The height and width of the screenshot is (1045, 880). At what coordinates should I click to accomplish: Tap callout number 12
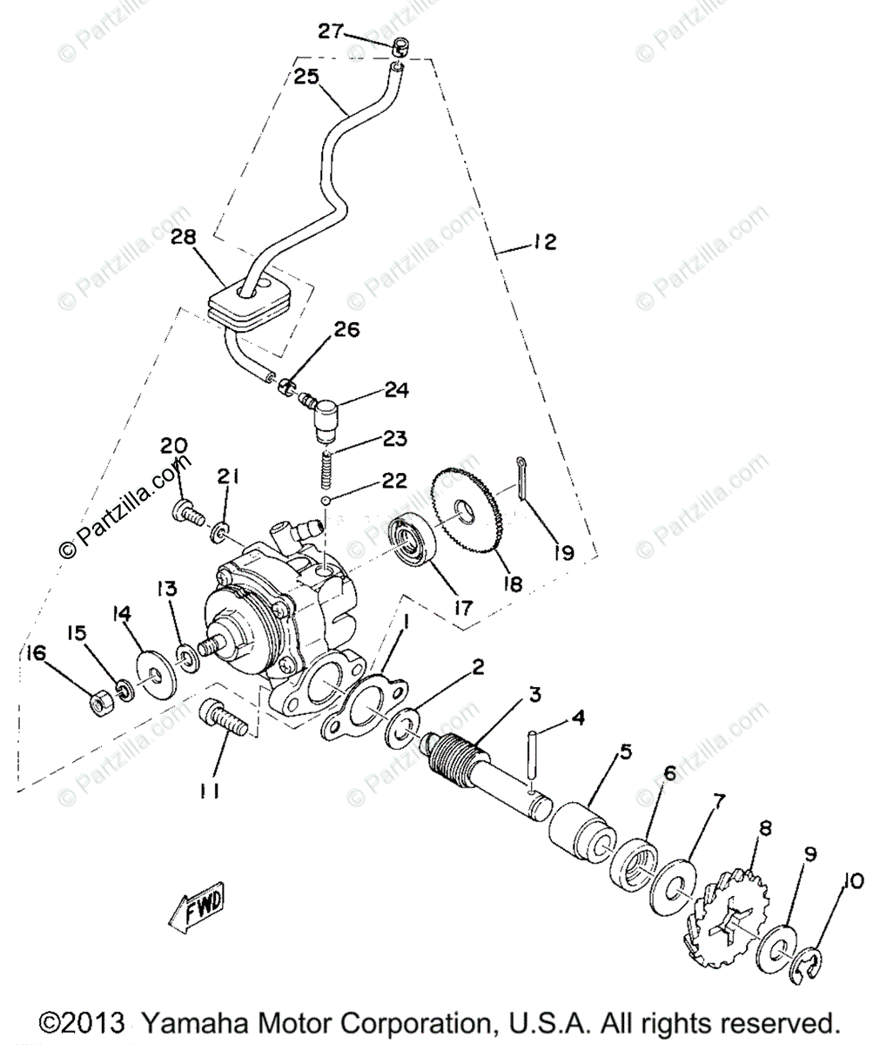point(543,243)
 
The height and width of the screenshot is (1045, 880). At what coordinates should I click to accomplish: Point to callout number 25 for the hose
point(306,78)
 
